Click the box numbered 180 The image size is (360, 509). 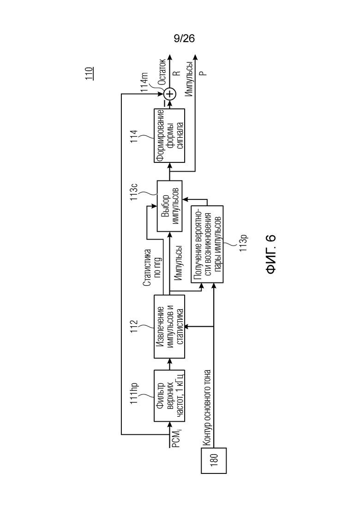point(214,460)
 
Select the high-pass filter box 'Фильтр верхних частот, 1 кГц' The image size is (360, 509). point(169,395)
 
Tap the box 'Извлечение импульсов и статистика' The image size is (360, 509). point(169,326)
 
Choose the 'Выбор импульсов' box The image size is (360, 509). point(169,206)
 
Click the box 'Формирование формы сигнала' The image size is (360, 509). point(169,135)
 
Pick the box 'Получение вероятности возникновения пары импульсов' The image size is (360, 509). point(207,244)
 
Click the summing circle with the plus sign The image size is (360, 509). point(169,94)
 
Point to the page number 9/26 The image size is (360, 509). point(184,39)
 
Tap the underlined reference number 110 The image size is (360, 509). point(89,74)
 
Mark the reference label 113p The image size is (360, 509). point(244,242)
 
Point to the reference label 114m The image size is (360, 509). point(144,82)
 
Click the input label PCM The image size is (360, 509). point(176,438)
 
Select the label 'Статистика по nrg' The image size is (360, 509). point(152,268)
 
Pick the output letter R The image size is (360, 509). point(176,73)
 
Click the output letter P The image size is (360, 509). point(203,73)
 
